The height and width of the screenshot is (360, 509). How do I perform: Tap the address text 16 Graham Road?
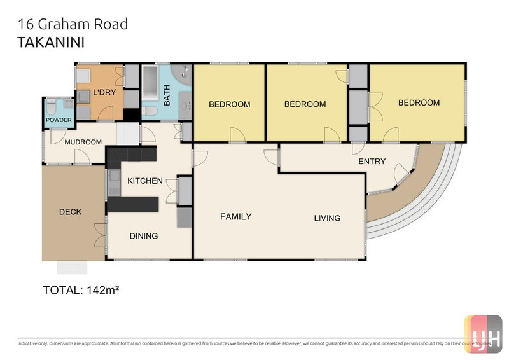click(x=73, y=25)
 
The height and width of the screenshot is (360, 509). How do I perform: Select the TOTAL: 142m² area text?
click(x=81, y=290)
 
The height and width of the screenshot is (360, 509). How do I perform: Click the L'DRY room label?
click(x=103, y=94)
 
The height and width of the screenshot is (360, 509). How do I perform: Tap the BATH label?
click(x=167, y=95)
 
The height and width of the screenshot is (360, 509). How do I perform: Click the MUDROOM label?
click(x=83, y=142)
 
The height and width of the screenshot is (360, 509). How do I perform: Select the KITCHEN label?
click(x=145, y=181)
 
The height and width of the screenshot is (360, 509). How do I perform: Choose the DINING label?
click(x=144, y=236)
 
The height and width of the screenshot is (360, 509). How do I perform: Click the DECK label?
click(x=70, y=212)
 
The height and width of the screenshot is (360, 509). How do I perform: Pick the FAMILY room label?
click(x=236, y=216)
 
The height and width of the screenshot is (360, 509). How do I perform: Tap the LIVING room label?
click(x=327, y=218)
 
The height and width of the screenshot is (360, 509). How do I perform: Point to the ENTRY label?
click(x=372, y=162)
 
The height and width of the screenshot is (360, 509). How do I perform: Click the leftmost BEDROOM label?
click(x=230, y=104)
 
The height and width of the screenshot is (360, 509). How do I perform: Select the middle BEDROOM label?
click(x=305, y=104)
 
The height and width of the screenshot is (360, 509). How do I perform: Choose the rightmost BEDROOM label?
click(x=419, y=102)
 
